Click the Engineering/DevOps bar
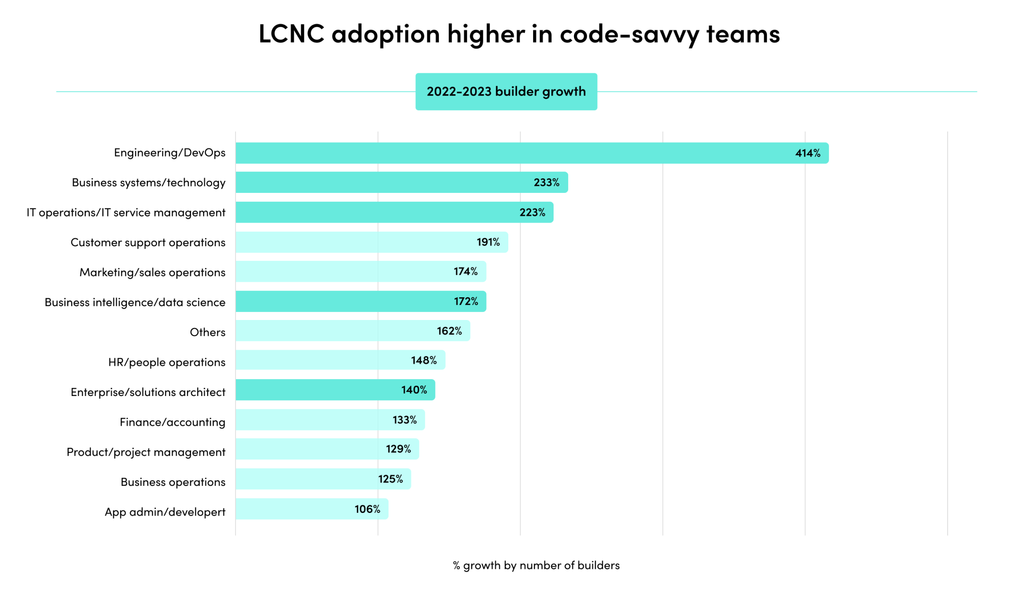511,153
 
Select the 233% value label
546,182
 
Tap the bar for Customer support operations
355,242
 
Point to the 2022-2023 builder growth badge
506,92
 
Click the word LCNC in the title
291,34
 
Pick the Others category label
207,332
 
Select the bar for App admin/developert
293,509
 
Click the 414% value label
807,153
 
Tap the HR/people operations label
167,362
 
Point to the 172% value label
466,301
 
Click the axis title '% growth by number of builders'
536,565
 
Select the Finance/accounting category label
172,422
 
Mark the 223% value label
532,212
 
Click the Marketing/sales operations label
152,272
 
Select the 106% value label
367,509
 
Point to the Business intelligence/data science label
135,302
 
